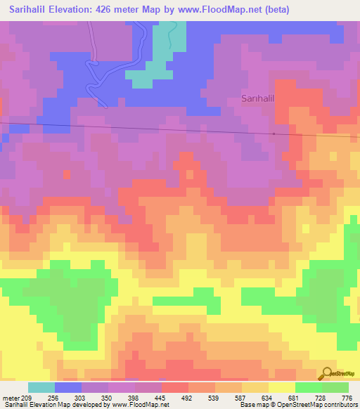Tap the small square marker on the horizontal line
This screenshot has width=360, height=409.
[274, 134]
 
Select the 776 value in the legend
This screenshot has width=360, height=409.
[347, 398]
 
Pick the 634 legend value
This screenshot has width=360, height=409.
[268, 398]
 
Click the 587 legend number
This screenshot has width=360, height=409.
[241, 398]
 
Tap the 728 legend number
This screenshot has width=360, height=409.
[321, 398]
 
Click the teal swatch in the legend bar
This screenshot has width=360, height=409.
[41, 387]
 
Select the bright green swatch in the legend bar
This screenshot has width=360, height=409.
[308, 387]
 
